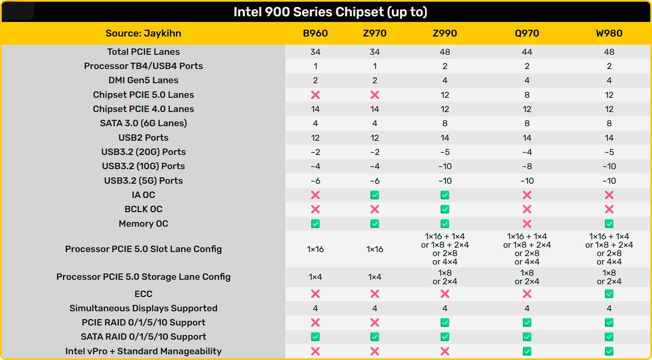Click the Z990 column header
click(x=445, y=33)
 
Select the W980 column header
click(x=609, y=33)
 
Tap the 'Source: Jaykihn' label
click(x=143, y=33)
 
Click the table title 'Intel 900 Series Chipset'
click(x=330, y=12)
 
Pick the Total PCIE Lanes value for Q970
click(x=527, y=52)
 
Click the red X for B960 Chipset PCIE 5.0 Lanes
click(x=315, y=95)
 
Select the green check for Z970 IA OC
click(x=375, y=195)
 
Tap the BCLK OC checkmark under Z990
click(x=445, y=209)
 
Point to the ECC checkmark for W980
click(x=609, y=294)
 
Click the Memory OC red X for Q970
click(x=527, y=224)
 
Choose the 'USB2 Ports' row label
click(x=143, y=138)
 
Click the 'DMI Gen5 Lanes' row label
click(x=143, y=80)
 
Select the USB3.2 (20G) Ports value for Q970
click(x=527, y=152)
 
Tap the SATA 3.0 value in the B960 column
click(x=315, y=124)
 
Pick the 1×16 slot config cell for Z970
click(x=375, y=249)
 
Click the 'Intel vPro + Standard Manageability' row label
click(x=143, y=351)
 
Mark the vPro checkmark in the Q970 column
click(x=527, y=351)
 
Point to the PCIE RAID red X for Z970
click(x=375, y=322)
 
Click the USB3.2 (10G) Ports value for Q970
click(x=527, y=166)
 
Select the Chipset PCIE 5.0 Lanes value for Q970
click(x=527, y=95)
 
